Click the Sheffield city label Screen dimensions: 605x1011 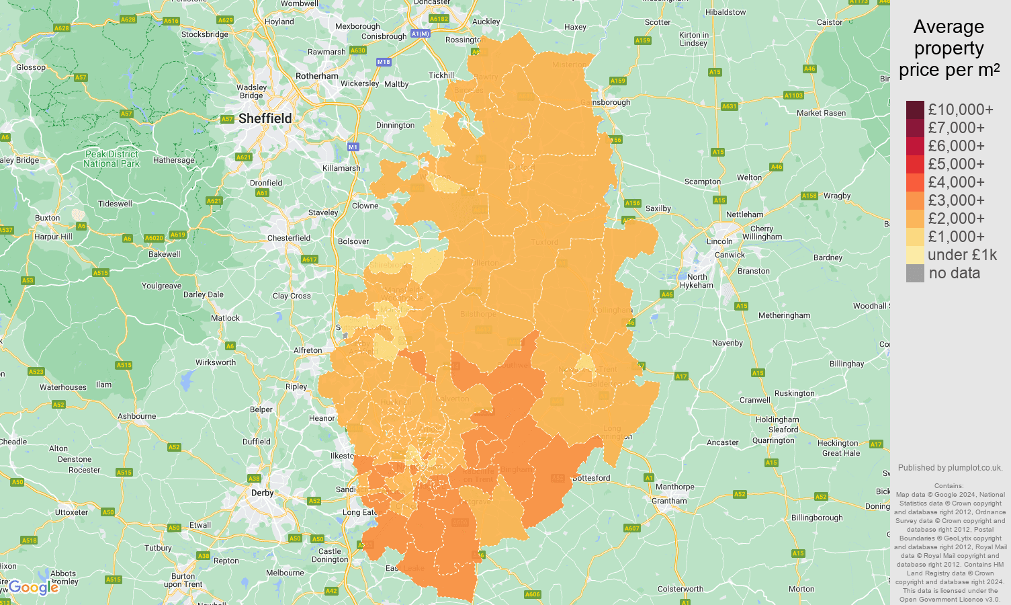tap(265, 119)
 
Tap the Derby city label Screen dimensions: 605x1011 tap(262, 493)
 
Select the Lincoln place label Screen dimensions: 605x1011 tap(719, 241)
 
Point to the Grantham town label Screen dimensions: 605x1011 tap(669, 501)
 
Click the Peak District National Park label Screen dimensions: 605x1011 tap(112, 159)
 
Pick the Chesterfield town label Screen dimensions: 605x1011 tap(289, 238)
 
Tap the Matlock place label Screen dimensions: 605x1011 tap(225, 318)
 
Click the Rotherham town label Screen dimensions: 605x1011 tap(317, 76)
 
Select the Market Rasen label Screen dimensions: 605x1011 tap(821, 113)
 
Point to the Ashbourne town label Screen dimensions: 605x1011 tap(136, 416)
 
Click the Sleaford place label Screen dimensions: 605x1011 tap(783, 430)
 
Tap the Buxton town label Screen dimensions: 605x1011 tap(47, 218)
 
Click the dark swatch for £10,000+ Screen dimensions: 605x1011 tap(915, 110)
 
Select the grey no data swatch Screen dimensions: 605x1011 tap(915, 273)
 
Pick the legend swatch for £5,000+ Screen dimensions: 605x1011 tap(915, 164)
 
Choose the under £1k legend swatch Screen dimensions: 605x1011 tap(915, 255)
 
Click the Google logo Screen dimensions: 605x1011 tap(34, 588)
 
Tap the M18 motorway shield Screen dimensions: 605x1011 tap(383, 62)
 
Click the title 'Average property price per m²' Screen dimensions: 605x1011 tap(949, 48)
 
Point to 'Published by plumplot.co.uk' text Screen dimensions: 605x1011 tap(950, 468)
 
